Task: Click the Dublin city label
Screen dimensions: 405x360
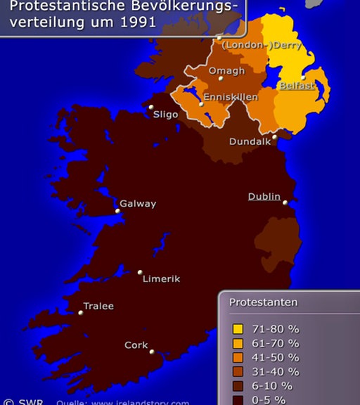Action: click(264, 197)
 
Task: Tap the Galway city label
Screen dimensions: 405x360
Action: click(138, 204)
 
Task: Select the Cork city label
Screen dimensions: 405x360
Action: click(136, 345)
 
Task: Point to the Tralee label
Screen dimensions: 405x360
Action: click(98, 307)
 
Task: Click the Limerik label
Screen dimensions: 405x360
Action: click(161, 279)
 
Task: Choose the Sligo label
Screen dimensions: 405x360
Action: click(165, 113)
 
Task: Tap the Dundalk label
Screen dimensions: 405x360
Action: click(250, 141)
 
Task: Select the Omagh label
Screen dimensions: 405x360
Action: click(227, 71)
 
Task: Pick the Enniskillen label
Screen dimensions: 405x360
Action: click(230, 97)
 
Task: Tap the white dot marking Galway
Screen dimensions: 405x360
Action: click(117, 210)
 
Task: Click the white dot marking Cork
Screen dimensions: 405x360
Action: click(152, 352)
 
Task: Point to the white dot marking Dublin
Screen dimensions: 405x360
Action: click(285, 202)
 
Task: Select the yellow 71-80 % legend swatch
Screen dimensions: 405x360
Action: click(238, 329)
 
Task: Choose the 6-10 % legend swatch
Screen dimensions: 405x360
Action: click(238, 386)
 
